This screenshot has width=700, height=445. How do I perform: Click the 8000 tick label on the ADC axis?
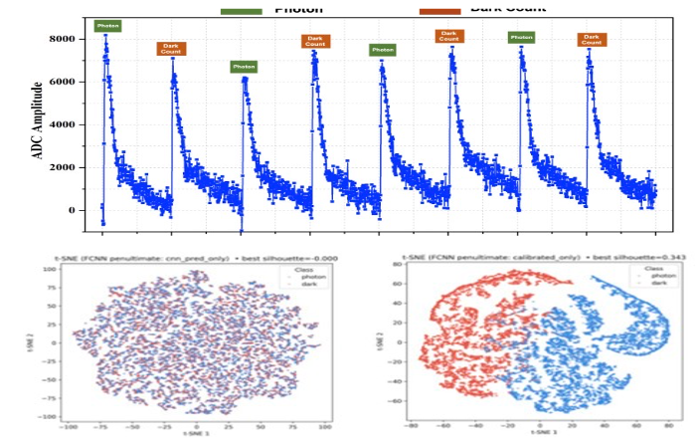click(64, 39)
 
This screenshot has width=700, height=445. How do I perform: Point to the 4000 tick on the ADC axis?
click(64, 124)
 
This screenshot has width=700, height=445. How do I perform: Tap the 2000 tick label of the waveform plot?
click(64, 167)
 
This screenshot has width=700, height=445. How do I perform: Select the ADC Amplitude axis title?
click(39, 123)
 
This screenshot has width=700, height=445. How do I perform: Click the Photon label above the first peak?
click(107, 26)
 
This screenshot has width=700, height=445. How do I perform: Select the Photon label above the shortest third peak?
click(244, 67)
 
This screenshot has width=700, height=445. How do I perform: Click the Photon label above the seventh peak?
click(521, 38)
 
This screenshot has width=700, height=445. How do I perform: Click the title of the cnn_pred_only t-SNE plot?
click(196, 258)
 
